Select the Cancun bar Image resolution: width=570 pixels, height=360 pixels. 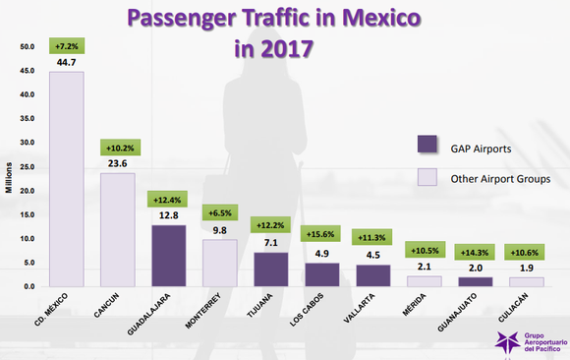pyautogui.click(x=118, y=230)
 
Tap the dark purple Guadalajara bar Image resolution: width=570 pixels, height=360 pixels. pyautogui.click(x=169, y=255)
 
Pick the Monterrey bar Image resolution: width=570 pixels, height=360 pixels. pyautogui.click(x=219, y=262)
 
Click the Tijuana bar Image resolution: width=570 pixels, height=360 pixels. pyautogui.click(x=270, y=269)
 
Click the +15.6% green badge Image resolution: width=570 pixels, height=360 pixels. pyautogui.click(x=321, y=233)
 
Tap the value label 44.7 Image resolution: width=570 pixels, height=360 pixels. pyautogui.click(x=67, y=63)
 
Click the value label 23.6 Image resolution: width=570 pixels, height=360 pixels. pyautogui.click(x=118, y=164)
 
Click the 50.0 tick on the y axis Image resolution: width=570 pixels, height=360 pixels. pyautogui.click(x=27, y=47)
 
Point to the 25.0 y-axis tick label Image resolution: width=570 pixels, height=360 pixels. pyautogui.click(x=27, y=167)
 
